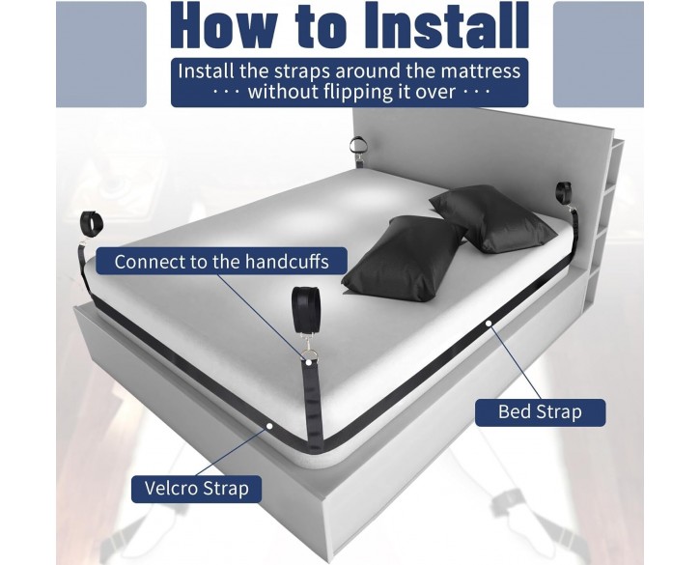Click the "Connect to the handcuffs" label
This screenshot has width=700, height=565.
221,262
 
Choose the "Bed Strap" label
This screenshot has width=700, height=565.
540,411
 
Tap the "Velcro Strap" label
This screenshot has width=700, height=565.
196,488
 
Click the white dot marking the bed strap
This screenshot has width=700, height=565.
489,324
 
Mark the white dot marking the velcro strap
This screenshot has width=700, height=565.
269,426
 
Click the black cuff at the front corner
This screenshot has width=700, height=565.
304,310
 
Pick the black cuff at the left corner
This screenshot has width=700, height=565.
92,223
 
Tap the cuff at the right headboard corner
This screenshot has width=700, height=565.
565,193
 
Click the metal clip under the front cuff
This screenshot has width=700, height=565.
307,350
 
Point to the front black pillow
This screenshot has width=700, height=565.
402,258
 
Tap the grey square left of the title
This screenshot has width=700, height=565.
101,54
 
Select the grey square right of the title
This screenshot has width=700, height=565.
599,54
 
